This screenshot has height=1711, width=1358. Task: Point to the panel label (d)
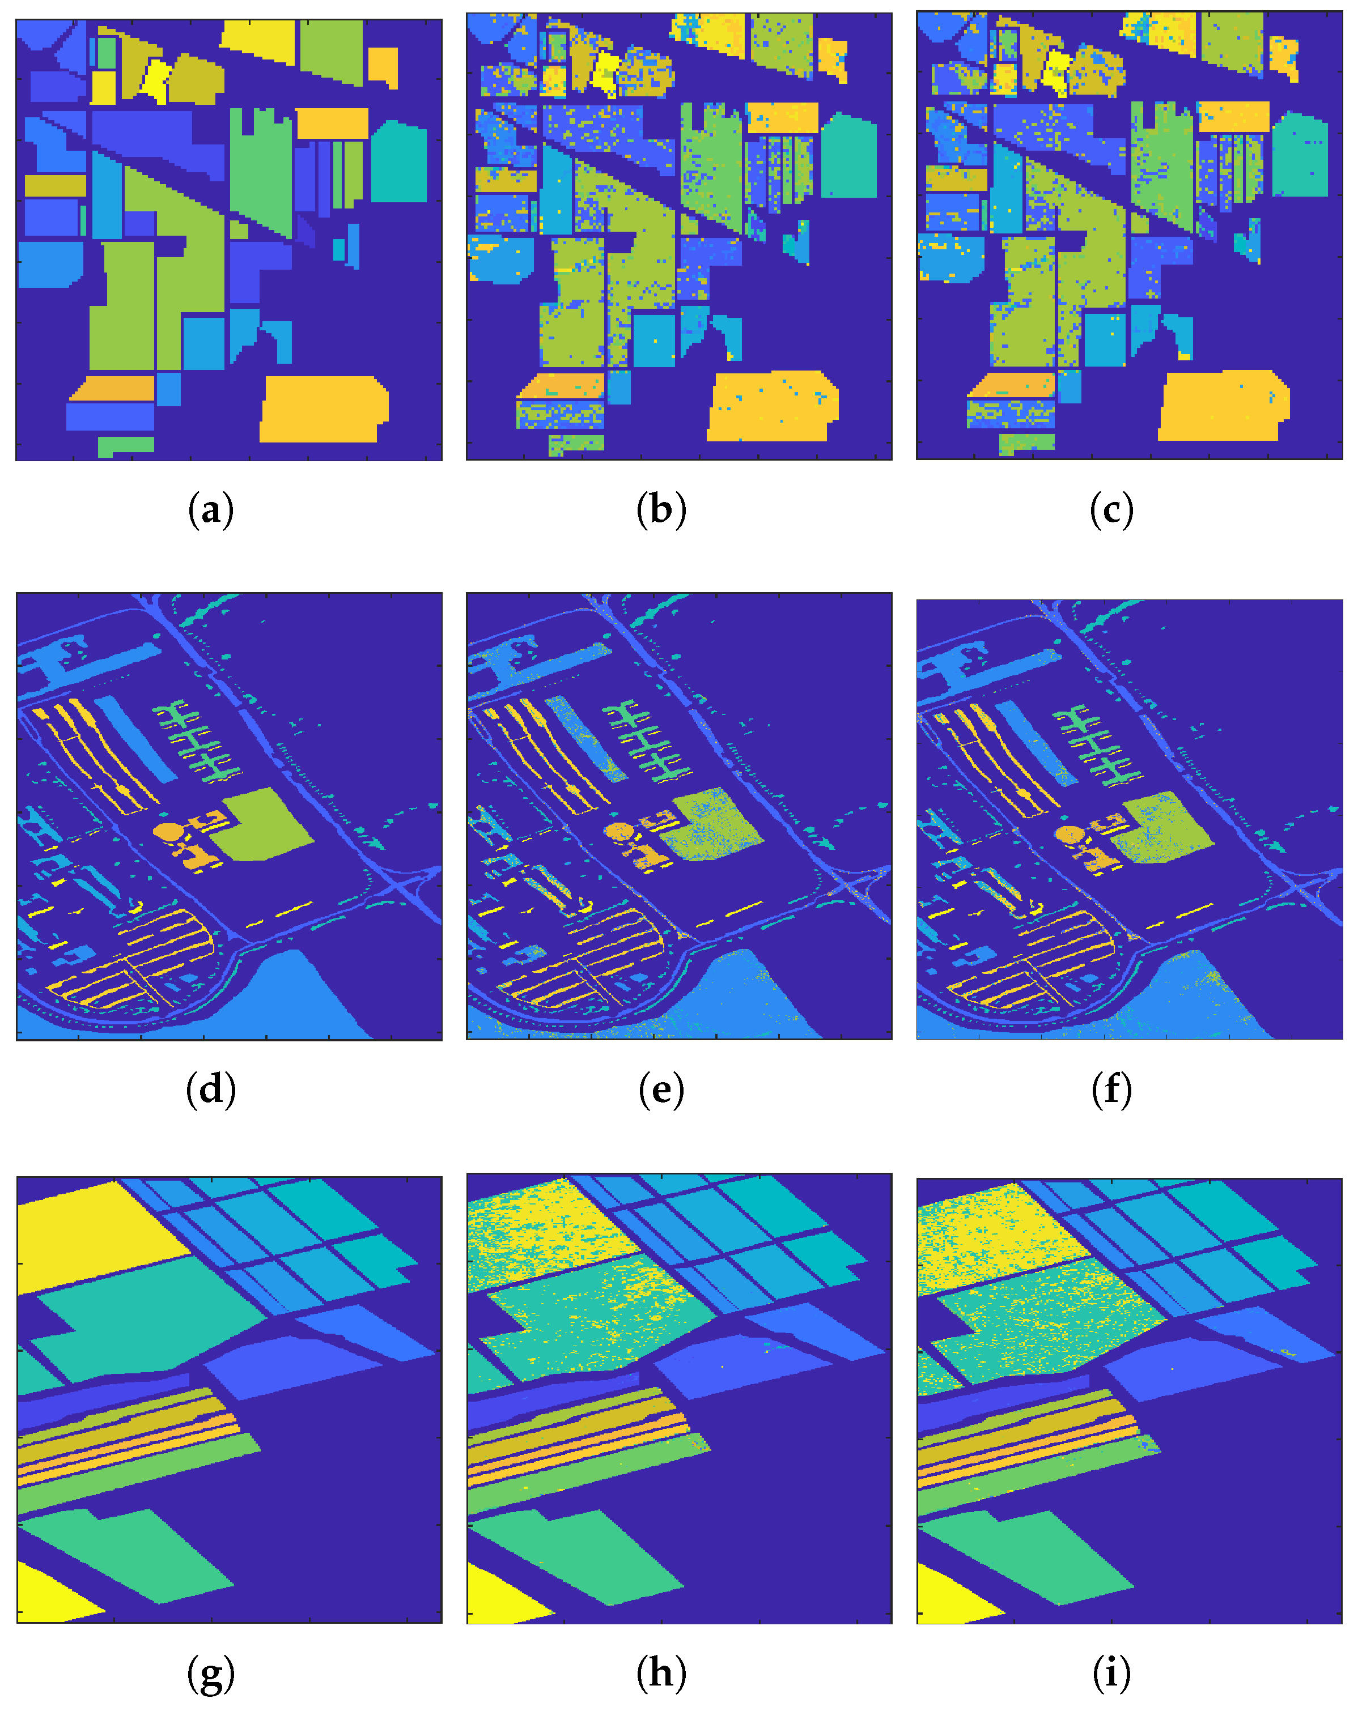point(210,1089)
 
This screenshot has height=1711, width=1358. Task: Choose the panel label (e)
point(660,1089)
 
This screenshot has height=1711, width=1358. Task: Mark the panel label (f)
point(1110,1089)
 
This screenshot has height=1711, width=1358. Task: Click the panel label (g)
point(210,1673)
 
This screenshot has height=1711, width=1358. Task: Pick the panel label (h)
point(660,1673)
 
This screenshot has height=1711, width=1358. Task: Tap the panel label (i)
point(1110,1673)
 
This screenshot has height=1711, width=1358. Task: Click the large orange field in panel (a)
point(321,408)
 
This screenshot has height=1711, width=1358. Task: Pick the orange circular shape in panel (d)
point(167,832)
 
